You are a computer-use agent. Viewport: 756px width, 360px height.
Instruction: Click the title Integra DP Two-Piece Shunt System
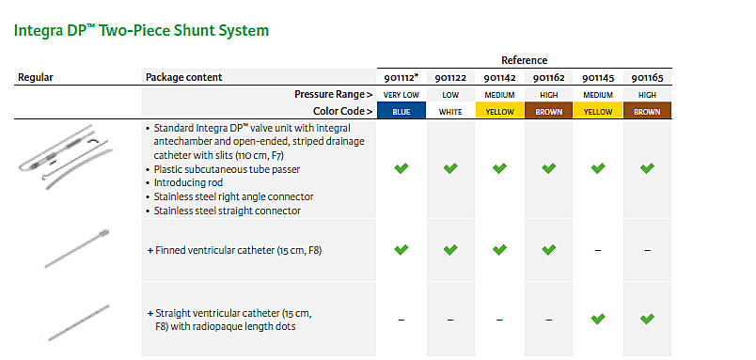(141, 31)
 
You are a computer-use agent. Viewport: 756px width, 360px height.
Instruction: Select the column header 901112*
(402, 78)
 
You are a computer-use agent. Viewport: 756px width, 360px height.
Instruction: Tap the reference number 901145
(598, 78)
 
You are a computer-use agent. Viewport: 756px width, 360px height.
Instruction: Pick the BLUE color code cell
(402, 111)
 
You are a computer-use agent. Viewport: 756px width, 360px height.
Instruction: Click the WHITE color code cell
(450, 112)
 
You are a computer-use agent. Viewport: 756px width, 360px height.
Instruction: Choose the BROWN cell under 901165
(647, 111)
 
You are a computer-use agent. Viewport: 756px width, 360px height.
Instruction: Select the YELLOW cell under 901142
(499, 111)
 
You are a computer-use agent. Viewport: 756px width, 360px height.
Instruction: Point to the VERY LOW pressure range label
(402, 95)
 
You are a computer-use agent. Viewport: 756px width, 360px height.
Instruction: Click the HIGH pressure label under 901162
(549, 95)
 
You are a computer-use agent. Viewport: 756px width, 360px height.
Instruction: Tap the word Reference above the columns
(524, 60)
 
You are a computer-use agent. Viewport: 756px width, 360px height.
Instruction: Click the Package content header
(184, 77)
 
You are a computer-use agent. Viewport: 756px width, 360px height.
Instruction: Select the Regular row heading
(36, 77)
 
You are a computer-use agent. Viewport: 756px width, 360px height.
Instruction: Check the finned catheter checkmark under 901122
(450, 250)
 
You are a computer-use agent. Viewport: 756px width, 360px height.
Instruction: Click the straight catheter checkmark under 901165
(647, 319)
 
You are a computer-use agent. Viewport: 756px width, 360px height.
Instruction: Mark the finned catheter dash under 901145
(598, 250)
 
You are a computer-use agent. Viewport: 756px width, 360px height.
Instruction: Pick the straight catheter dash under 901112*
(402, 320)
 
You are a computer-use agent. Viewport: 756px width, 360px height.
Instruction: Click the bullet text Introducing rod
(188, 183)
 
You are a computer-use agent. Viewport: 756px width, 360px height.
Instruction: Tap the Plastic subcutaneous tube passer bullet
(227, 169)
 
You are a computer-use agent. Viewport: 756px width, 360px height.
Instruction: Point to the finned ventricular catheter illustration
(77, 249)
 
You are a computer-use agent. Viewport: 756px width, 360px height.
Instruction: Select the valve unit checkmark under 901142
(499, 168)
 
